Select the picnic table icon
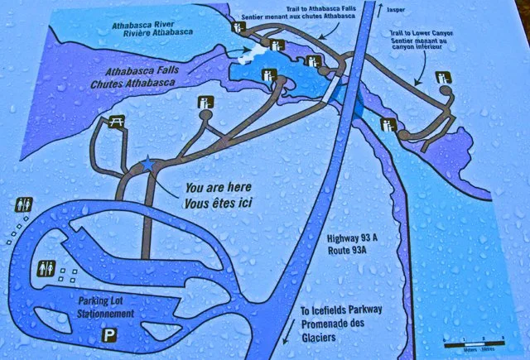116,122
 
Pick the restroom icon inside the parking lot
47,268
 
